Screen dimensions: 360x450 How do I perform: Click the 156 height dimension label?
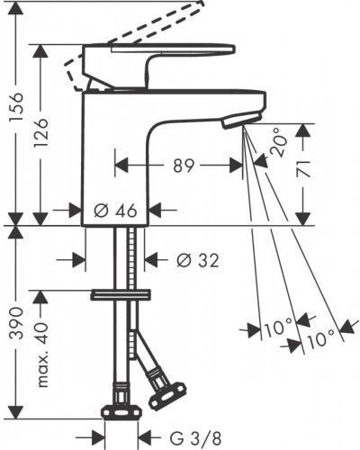click(x=16, y=107)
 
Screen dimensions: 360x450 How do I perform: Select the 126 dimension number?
click(x=40, y=132)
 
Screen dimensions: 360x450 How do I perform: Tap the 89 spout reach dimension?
click(x=184, y=166)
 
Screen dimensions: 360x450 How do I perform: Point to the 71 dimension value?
click(x=302, y=168)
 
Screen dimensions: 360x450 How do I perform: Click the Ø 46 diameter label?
click(x=115, y=211)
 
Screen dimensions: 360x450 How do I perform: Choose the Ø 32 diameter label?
click(x=198, y=260)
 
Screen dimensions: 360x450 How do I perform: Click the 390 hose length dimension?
click(x=16, y=323)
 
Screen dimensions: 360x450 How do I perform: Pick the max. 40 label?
click(x=41, y=355)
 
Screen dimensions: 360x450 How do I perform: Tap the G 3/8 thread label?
click(x=196, y=439)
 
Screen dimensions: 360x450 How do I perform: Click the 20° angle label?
click(x=278, y=142)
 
